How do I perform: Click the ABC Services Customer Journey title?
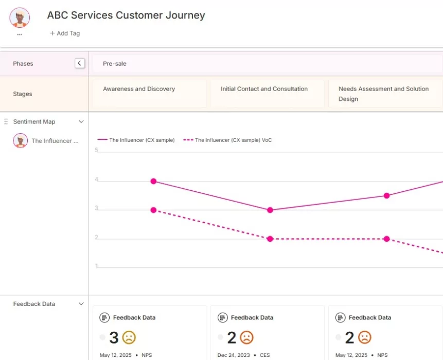[x=126, y=15]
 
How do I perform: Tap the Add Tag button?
[x=65, y=33]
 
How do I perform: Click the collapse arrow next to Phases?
[x=80, y=63]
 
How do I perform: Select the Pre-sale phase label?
[x=115, y=64]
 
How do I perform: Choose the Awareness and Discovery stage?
[x=139, y=89]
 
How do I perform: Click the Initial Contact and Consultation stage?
[x=264, y=89]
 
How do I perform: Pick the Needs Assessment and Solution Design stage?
[x=383, y=94]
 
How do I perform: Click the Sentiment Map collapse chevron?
[x=81, y=122]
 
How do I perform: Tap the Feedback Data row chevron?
[x=81, y=304]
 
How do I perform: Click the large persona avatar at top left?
[x=20, y=17]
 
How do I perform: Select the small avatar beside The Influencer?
[x=20, y=141]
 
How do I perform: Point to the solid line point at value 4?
[x=153, y=181]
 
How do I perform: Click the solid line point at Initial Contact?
[x=270, y=210]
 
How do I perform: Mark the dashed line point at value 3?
[x=153, y=210]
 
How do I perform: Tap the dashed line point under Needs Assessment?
[x=386, y=239]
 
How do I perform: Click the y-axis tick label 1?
[x=96, y=266]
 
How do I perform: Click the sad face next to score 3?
[x=129, y=338]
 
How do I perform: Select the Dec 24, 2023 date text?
[x=234, y=355]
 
